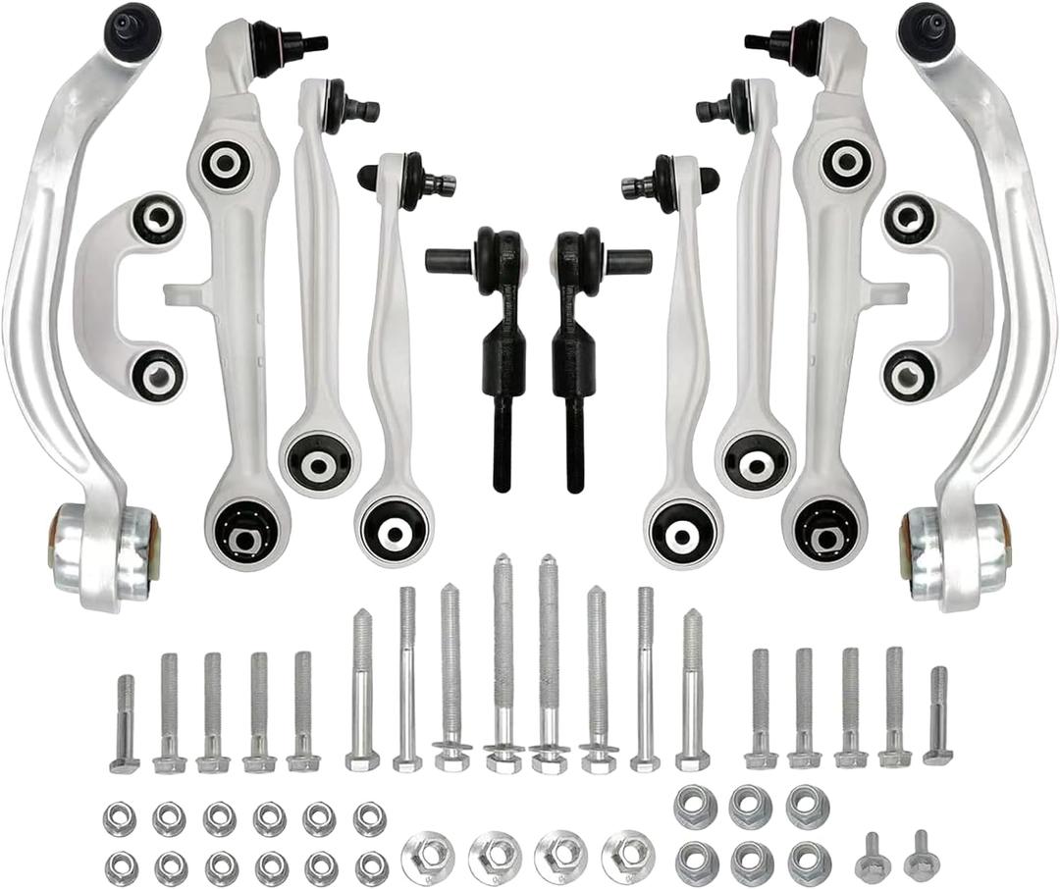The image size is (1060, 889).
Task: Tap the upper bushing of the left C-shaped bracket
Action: tap(157, 219)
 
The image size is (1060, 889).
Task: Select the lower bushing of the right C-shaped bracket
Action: tap(908, 374)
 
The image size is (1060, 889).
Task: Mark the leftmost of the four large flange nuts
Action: tap(429, 856)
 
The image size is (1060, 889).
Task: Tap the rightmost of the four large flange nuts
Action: tap(628, 856)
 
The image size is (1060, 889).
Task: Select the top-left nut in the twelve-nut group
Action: tap(120, 817)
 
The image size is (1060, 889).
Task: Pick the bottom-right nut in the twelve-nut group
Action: tap(370, 866)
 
